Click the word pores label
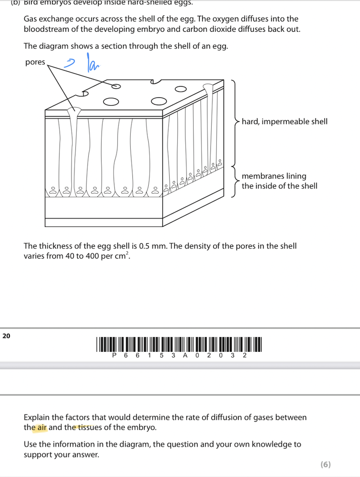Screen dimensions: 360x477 click(35, 62)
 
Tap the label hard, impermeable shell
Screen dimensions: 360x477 click(285, 122)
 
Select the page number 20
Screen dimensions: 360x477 click(6, 336)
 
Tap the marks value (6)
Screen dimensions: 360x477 click(325, 464)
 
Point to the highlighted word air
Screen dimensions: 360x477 click(42, 428)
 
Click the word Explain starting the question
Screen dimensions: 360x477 click(37, 417)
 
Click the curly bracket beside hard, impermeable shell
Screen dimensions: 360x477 click(235, 122)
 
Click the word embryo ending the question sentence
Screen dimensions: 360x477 click(144, 428)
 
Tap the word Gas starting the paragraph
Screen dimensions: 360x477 click(31, 19)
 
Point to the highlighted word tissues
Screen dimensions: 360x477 click(88, 428)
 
